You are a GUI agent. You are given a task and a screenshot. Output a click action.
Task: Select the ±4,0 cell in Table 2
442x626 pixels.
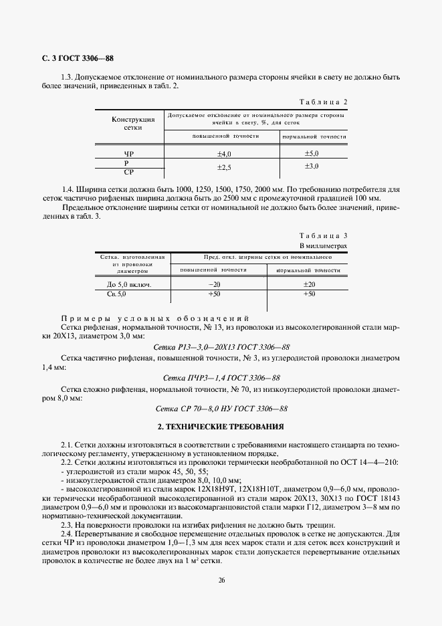point(223,154)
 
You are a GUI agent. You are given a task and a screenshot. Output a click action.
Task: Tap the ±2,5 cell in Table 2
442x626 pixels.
point(223,167)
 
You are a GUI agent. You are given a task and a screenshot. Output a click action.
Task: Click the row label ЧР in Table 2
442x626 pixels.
point(129,154)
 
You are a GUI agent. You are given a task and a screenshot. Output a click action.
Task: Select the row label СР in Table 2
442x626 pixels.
point(129,172)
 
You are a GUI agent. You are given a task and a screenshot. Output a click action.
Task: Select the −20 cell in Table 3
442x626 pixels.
point(215,284)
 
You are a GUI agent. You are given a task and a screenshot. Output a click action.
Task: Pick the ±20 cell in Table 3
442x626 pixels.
point(308,284)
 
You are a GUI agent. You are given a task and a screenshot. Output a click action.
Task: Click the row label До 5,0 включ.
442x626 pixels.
point(129,284)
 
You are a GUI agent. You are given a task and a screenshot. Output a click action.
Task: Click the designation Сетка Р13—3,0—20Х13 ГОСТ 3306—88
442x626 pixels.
point(221,347)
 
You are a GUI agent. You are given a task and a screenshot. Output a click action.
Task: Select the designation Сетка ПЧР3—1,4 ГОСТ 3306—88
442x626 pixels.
point(221,377)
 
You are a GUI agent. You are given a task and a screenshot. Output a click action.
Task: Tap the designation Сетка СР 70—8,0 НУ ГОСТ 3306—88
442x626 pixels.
point(221,408)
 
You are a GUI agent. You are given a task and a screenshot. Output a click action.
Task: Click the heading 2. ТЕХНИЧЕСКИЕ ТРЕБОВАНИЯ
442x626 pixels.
point(221,426)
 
